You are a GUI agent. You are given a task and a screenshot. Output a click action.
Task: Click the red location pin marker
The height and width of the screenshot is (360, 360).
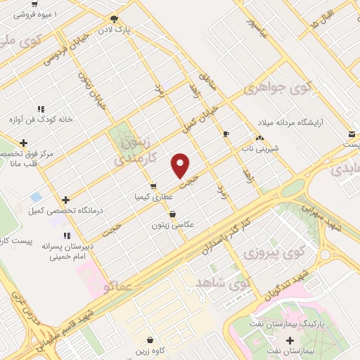point(181,165)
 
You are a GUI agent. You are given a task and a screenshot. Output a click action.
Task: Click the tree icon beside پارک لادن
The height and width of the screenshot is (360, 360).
point(114,19)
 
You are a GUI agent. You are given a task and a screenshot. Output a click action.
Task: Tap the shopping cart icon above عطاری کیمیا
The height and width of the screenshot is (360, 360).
point(153,186)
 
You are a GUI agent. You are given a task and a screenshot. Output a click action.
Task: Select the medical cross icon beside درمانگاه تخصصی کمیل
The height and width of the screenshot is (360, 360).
point(65,200)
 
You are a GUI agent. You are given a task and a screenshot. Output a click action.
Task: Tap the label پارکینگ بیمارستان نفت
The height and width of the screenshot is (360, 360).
point(289,323)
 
